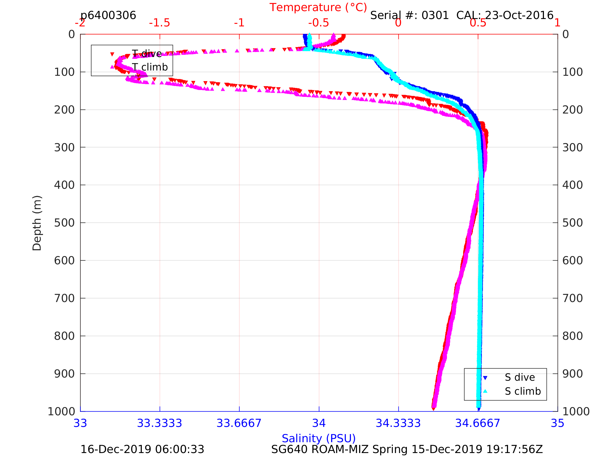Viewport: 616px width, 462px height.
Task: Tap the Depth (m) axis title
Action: [37, 223]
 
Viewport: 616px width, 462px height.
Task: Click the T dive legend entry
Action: [147, 54]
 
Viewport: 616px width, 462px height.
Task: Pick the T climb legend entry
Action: [149, 67]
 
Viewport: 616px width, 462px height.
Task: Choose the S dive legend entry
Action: [520, 377]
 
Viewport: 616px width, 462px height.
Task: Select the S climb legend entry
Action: [523, 391]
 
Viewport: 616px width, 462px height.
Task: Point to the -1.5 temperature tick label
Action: [159, 23]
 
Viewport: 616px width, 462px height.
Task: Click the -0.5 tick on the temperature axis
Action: [319, 23]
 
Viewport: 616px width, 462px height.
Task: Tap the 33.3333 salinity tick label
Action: [159, 423]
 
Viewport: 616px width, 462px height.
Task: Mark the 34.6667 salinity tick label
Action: [478, 423]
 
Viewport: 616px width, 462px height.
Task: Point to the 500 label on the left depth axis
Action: [64, 223]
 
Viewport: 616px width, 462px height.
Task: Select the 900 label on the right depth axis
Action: [572, 374]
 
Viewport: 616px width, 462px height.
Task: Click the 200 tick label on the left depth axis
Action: [64, 110]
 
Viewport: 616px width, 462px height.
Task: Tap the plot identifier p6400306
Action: [108, 15]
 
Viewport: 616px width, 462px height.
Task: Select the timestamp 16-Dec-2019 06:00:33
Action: [142, 450]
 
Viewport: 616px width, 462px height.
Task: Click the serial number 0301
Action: [435, 15]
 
